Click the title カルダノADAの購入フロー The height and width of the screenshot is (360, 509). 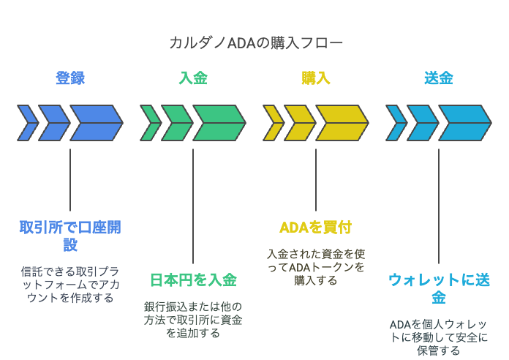[x=256, y=43]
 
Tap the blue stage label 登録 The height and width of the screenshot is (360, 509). [x=70, y=78]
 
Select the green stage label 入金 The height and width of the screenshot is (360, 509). [x=193, y=78]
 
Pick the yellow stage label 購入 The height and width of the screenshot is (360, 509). [x=316, y=78]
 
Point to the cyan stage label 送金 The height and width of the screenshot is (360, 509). [x=439, y=78]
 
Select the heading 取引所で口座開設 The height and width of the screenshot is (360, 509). [x=70, y=236]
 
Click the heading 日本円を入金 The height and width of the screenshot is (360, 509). [x=193, y=280]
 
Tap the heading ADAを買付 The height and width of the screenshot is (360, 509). [x=316, y=228]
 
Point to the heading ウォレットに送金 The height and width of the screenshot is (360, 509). [x=439, y=288]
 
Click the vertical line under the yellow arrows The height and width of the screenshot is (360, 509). [x=316, y=180]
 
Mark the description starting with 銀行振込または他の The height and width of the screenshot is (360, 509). [x=193, y=320]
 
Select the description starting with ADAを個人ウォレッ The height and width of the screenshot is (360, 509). [x=439, y=337]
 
